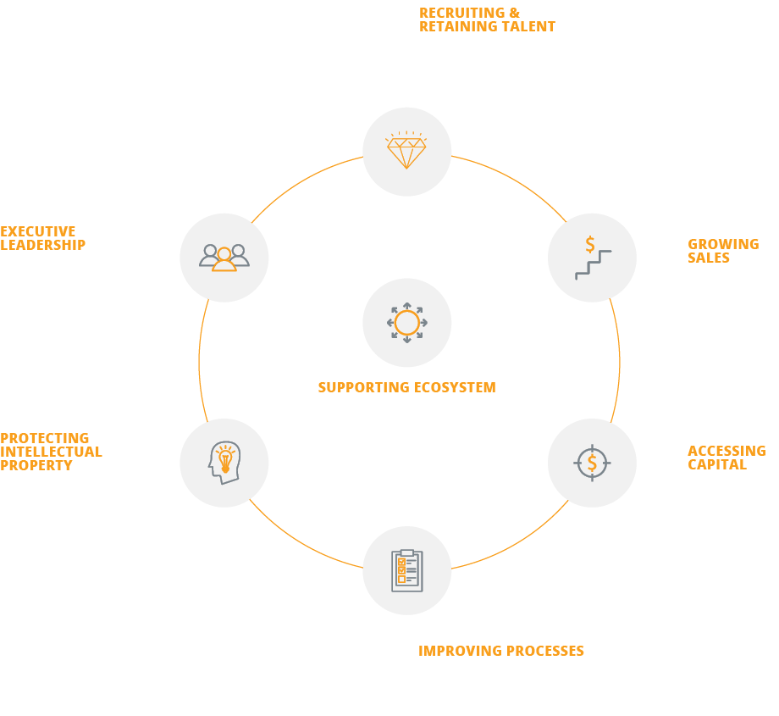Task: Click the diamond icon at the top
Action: (406, 152)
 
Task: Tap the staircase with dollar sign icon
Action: (592, 258)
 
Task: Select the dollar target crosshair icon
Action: (592, 463)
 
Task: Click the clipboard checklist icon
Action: (406, 570)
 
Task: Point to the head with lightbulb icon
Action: (224, 463)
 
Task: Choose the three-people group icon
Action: (224, 257)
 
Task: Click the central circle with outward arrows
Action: (406, 323)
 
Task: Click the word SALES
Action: (709, 258)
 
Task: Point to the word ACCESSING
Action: (727, 451)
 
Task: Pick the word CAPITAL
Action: (716, 464)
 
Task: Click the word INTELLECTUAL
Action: (51, 452)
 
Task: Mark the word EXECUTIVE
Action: (38, 231)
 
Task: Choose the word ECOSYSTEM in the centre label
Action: (455, 387)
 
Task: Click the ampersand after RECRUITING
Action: (515, 13)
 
